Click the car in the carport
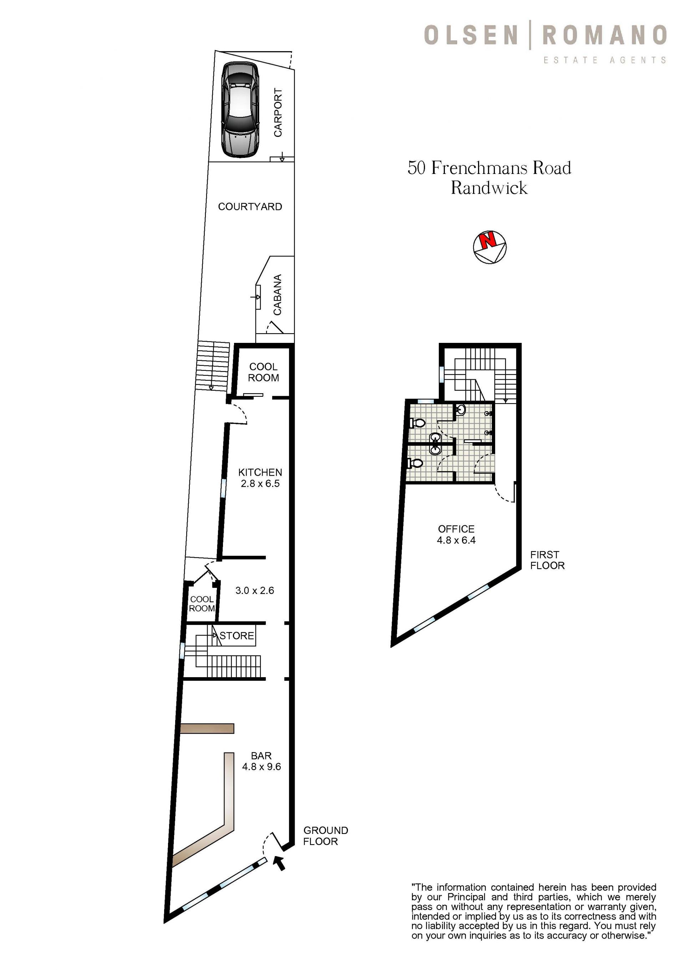[x=240, y=110]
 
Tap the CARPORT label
[x=278, y=112]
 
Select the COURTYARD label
[x=250, y=206]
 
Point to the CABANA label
[x=277, y=295]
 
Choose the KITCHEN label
[x=260, y=472]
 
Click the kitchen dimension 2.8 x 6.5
[x=260, y=483]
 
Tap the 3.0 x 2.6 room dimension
[x=254, y=590]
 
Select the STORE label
[x=237, y=636]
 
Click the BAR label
[x=261, y=755]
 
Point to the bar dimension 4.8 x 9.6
[x=261, y=766]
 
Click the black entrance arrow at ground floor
[x=280, y=863]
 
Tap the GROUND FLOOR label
[x=325, y=836]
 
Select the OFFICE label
[x=456, y=529]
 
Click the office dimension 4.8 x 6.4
[x=456, y=540]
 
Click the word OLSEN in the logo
[x=471, y=35]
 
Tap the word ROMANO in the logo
[x=604, y=35]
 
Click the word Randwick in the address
[x=489, y=187]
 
